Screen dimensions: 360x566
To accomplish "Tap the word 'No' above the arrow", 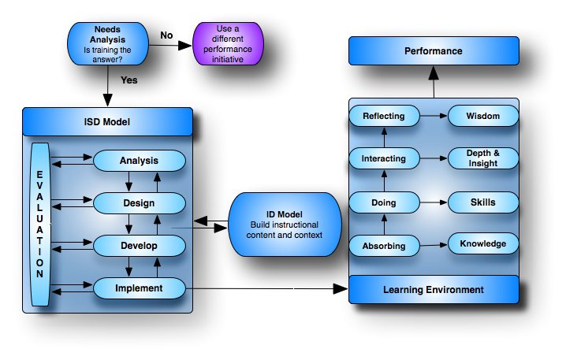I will (x=167, y=35).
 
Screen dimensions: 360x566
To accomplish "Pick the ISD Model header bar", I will (x=107, y=121).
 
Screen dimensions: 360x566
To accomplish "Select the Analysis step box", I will (x=139, y=161).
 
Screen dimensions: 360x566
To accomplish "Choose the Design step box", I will (x=139, y=203).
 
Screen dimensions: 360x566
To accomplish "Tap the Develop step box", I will (x=139, y=246).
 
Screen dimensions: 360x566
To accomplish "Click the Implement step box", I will (x=139, y=288).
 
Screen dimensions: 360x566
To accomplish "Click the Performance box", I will (x=433, y=52).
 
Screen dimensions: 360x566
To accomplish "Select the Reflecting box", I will (x=384, y=117).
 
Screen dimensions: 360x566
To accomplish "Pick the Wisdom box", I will (x=482, y=117).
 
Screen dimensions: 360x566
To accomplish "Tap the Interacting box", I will (x=384, y=158).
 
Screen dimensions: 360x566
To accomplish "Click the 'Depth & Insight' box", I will (x=482, y=158).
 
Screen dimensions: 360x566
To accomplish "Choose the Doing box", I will (x=384, y=203).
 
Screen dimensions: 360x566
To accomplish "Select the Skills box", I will (x=482, y=202).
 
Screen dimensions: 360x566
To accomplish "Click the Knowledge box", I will (x=482, y=243).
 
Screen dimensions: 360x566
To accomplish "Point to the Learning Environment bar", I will (x=433, y=290).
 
